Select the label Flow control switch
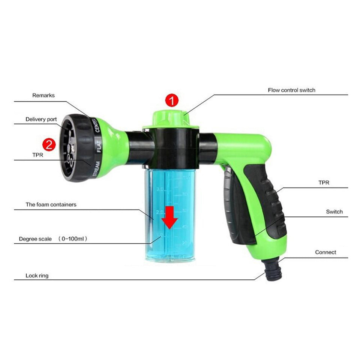coord(291,90)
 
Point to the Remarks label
coord(43,96)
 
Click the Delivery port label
coord(41,119)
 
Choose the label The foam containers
coord(51,205)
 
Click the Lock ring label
coord(37,276)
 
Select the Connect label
coord(325,252)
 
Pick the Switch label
coord(334,212)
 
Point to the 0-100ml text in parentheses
coord(74,239)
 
